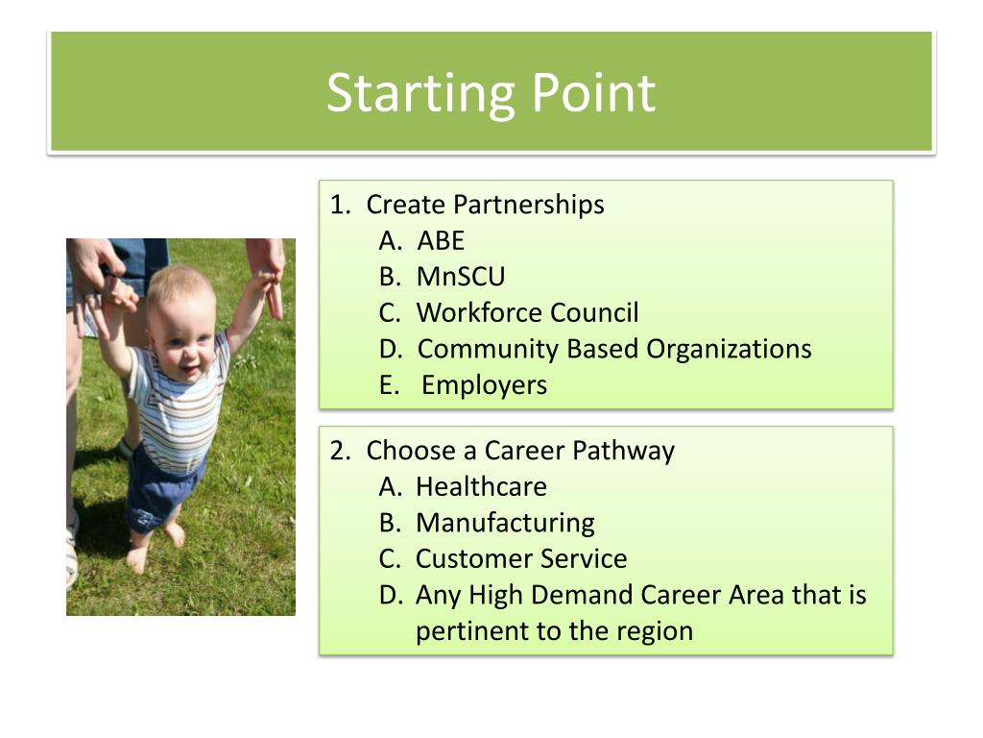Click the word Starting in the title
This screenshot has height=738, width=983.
pos(420,94)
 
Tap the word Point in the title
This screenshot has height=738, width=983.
pos(593,92)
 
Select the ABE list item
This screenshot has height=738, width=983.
pos(441,240)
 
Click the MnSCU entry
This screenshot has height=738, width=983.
pos(461,277)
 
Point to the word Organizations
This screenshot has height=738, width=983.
pos(729,350)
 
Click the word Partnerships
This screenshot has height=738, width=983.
pos(529,206)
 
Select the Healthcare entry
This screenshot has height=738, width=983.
pos(482,486)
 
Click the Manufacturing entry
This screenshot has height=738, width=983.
pos(505,524)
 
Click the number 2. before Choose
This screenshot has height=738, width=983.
pos(341,451)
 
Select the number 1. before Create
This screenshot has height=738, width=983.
pos(341,205)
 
